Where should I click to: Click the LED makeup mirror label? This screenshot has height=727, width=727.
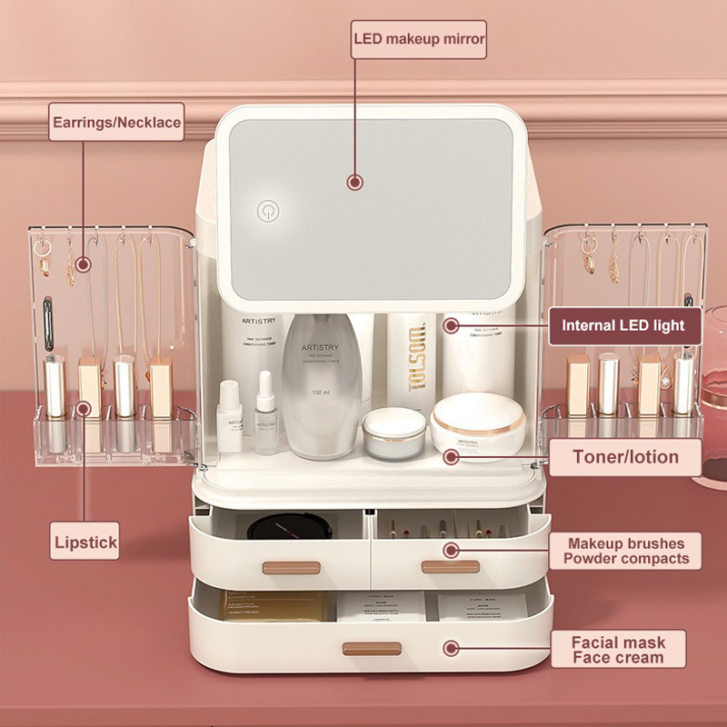coord(419,39)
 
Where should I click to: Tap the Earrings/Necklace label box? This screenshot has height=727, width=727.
coord(116,122)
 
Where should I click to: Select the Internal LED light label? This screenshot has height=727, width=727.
coord(622,325)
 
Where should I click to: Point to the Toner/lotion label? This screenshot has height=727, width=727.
coord(625,456)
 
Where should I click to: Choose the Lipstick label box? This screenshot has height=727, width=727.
coord(85,543)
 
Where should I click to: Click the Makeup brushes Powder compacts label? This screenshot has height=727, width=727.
coord(625,551)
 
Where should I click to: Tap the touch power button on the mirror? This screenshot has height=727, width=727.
coord(266,211)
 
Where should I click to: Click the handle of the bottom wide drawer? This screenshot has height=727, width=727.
coord(372,648)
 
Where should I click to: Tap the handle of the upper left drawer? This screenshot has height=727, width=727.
coord(291,567)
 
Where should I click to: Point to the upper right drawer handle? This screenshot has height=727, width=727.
coord(450,567)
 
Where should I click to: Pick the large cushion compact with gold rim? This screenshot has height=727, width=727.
coord(478,425)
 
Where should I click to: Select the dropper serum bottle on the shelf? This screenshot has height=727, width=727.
coord(265,413)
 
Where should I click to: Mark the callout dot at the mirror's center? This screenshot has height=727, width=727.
coord(355,182)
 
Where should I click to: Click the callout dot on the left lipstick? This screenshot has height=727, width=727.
coord(84,408)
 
